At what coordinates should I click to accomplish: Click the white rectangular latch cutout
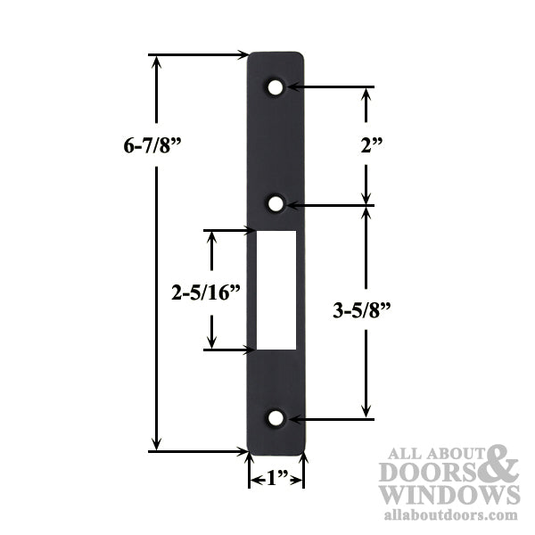276,290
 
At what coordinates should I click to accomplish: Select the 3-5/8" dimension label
362,310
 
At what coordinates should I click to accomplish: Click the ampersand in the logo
501,465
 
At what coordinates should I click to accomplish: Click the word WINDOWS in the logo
449,494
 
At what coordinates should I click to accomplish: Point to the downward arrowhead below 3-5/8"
366,411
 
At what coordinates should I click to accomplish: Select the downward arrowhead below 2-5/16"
211,342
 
